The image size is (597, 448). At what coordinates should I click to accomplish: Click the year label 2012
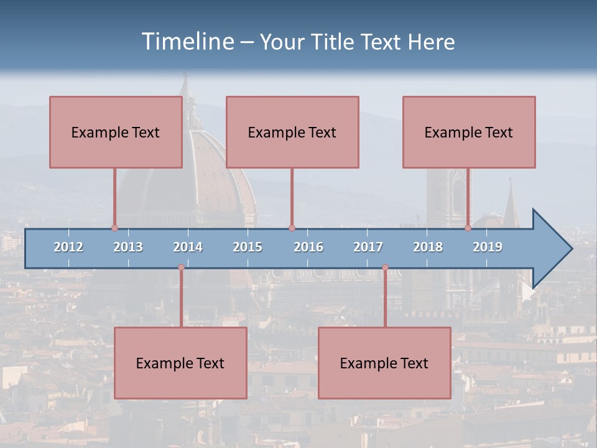tap(68, 247)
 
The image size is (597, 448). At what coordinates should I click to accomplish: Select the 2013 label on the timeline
tap(128, 247)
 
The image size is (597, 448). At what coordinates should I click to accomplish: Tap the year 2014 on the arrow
tap(188, 247)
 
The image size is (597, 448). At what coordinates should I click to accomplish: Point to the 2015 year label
tap(248, 247)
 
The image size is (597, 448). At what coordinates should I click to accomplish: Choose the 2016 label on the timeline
tap(308, 247)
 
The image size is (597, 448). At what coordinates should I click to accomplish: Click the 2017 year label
tap(368, 247)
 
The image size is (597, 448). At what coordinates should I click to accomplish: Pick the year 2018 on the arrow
tap(428, 247)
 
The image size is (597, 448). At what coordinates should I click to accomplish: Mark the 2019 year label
tap(488, 247)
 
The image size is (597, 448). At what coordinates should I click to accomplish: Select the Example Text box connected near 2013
tap(116, 132)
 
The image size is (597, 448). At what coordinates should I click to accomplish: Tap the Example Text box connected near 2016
tap(292, 132)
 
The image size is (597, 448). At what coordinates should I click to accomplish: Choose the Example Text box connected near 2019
tap(469, 132)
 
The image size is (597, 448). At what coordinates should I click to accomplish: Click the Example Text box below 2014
tap(180, 363)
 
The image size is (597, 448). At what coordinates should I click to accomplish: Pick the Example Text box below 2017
tap(384, 363)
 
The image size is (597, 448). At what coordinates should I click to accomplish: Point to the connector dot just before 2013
tap(114, 228)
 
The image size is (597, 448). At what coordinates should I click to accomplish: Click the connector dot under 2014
tap(181, 268)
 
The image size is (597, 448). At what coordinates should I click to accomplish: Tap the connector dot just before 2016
tap(292, 228)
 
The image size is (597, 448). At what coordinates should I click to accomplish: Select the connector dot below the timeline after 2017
tap(385, 268)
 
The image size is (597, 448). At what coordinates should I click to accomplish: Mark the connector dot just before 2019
tap(468, 228)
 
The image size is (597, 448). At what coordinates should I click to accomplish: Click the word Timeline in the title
tap(187, 42)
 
